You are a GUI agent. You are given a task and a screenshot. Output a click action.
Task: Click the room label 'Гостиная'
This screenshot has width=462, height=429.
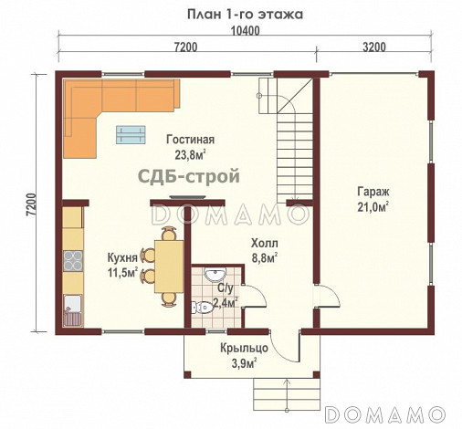[190, 140]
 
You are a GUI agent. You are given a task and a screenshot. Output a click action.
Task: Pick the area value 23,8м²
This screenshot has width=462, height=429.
[189, 154]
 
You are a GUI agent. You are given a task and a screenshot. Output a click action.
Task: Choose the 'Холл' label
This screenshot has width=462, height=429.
[264, 244]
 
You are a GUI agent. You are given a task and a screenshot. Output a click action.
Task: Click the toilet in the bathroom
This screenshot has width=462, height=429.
[203, 308]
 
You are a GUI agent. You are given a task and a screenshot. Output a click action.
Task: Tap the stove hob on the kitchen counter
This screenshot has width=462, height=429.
[70, 263]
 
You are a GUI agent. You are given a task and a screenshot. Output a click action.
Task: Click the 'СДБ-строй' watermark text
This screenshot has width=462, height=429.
[189, 176]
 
